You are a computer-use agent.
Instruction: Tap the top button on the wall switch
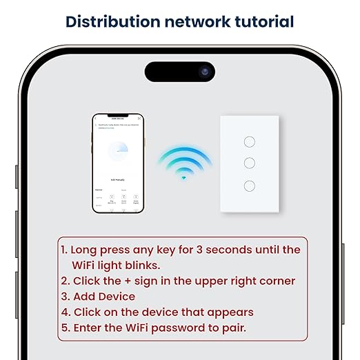250,141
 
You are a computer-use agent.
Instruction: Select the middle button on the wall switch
250,163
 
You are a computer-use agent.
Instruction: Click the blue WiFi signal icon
183,163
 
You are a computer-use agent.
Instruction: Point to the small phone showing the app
118,163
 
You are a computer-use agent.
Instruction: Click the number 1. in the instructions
64,250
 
